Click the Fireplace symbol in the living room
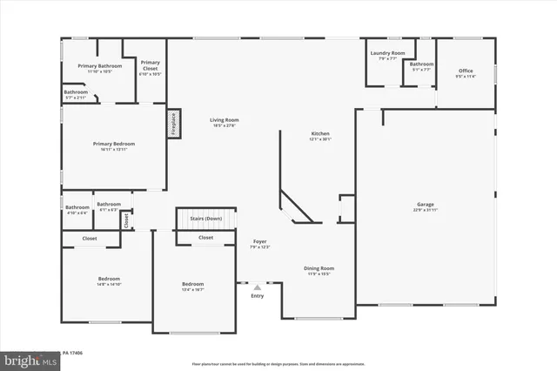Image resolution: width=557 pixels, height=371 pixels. coord(172,123)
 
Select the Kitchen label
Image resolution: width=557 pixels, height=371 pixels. coord(321,136)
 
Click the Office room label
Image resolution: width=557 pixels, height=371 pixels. coord(466,73)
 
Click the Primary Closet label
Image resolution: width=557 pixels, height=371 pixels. coord(150,64)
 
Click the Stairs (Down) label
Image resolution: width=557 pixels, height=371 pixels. coord(207,219)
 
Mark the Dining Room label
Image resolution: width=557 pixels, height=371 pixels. coord(318,270)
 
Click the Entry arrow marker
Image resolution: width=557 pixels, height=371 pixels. coord(257,287)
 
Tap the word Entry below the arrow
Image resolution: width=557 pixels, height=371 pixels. coord(257,296)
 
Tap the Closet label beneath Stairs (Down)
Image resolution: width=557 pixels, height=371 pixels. coord(205,237)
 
